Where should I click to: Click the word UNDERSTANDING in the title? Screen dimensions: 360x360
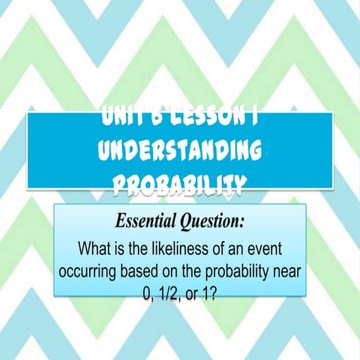pyautogui.click(x=179, y=152)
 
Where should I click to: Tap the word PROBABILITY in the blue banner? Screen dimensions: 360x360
pyautogui.click(x=179, y=184)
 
